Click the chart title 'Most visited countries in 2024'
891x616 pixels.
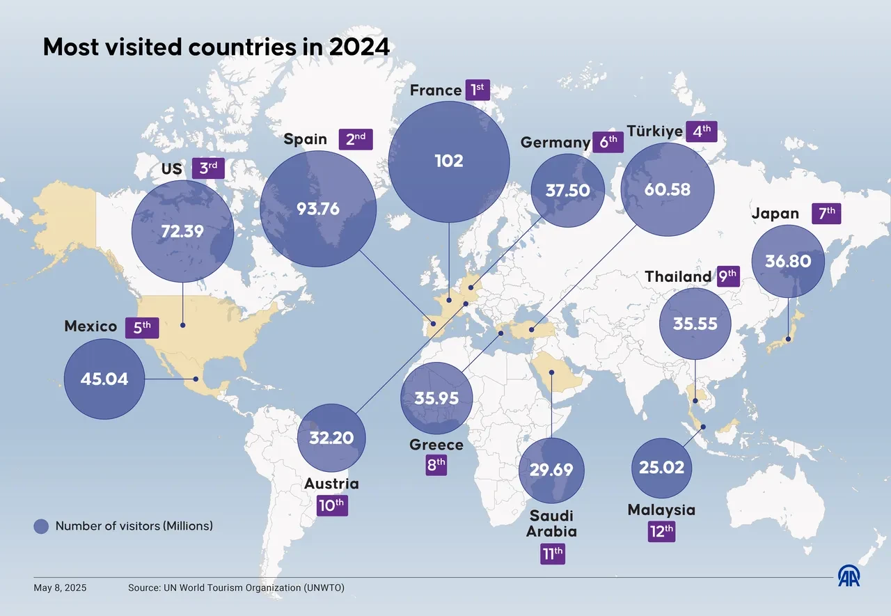(216, 47)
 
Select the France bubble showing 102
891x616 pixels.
(448, 161)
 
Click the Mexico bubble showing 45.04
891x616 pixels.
(104, 379)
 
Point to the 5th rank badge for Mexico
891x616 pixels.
(142, 327)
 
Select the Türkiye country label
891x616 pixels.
(654, 131)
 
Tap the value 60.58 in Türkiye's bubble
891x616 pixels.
(667, 189)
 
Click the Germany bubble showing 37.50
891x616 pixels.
(567, 190)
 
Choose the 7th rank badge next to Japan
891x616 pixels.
(826, 213)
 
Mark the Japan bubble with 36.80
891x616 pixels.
(788, 261)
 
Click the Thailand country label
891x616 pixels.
(678, 276)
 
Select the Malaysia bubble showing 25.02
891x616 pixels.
(661, 467)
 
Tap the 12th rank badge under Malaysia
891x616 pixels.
(661, 532)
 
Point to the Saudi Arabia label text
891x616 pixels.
(551, 523)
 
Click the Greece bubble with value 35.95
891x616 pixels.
(437, 399)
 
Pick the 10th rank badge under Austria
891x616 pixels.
(331, 505)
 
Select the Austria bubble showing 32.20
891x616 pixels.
(331, 438)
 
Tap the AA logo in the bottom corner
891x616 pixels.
(849, 576)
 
